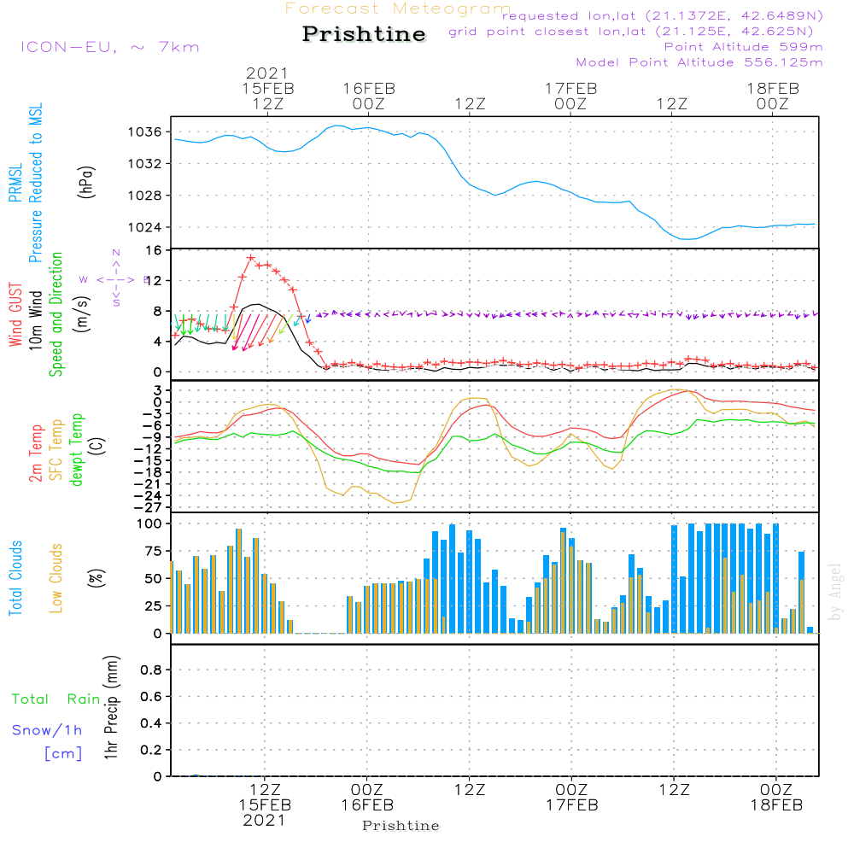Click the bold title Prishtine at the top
(x=364, y=34)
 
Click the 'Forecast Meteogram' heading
(x=398, y=9)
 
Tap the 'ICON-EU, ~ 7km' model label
(x=109, y=46)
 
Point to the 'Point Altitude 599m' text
(x=743, y=46)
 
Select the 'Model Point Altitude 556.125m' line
(x=699, y=62)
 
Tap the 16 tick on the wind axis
(x=154, y=250)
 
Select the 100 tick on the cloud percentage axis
(x=149, y=523)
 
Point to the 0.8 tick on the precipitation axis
(x=150, y=670)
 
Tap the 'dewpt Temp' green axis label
(x=77, y=450)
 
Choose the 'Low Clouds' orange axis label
(x=56, y=578)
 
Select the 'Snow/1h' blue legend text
(x=47, y=730)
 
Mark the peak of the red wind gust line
(x=250, y=257)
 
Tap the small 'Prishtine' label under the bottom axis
(x=401, y=826)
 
